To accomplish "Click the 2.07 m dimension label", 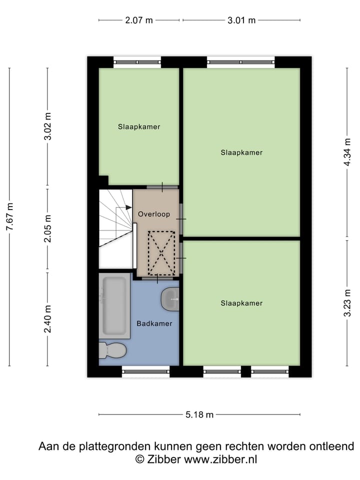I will click(139, 20).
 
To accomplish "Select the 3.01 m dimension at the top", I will click(241, 20).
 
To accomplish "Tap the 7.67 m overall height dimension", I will click(9, 217).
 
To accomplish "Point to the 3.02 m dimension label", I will click(48, 127).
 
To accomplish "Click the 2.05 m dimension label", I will click(48, 230).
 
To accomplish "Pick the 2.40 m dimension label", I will click(48, 319).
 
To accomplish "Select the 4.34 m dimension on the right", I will click(347, 152).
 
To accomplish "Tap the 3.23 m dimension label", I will click(347, 302).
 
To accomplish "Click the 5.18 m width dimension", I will click(199, 414).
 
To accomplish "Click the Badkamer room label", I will click(154, 323).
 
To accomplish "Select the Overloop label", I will click(154, 214).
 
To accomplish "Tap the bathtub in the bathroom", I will click(115, 306).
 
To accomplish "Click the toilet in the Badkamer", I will click(111, 350).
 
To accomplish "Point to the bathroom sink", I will click(170, 299).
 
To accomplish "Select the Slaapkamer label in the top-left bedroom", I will click(139, 127).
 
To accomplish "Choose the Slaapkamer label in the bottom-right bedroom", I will click(241, 303).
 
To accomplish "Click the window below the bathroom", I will click(146, 371).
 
